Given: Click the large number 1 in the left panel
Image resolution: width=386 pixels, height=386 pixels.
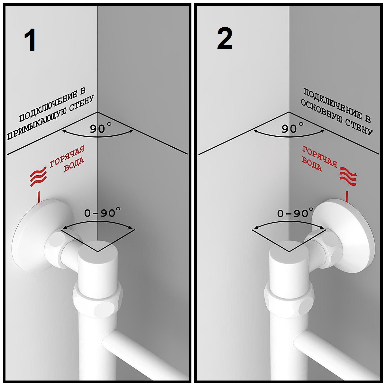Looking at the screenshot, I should [30, 41].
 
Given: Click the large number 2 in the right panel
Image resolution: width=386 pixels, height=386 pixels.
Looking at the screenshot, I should [225, 39].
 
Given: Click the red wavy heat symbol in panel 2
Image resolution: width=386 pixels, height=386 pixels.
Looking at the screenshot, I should [348, 177].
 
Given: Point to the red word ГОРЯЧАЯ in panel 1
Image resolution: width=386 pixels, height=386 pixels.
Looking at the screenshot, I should [67, 157].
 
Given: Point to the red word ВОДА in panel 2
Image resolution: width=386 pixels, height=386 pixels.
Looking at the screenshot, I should [312, 164].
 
